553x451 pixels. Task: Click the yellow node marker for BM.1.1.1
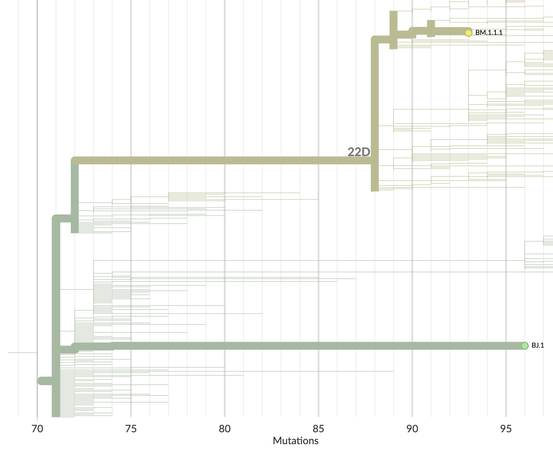tap(468, 33)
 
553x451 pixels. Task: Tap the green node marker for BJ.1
tap(525, 345)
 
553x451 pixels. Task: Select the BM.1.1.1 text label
tap(489, 33)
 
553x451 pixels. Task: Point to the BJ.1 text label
tap(538, 345)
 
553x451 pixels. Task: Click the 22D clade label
tap(359, 152)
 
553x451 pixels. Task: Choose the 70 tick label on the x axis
tap(37, 429)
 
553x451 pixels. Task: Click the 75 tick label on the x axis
tap(131, 429)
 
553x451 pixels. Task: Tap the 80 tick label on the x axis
tap(225, 429)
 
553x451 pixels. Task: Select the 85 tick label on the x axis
tap(318, 429)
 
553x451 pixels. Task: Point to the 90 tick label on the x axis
tap(412, 429)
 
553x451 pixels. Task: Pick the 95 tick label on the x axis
tap(506, 429)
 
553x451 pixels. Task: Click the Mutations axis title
tap(295, 441)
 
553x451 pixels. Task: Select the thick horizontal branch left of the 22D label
tap(213, 160)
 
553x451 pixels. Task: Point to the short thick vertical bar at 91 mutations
tap(431, 28)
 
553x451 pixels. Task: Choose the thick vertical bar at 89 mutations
tap(393, 30)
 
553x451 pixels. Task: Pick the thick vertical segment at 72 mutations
tap(75, 196)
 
